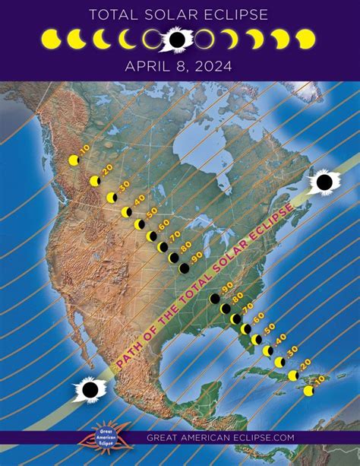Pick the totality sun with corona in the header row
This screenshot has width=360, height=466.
pyautogui.click(x=178, y=39)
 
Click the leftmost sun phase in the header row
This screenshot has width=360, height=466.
pyautogui.click(x=50, y=38)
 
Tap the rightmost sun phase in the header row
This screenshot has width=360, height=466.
pyautogui.click(x=305, y=38)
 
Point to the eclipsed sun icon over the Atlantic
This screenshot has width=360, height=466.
pyautogui.click(x=324, y=182)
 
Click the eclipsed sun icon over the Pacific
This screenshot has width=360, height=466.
pyautogui.click(x=90, y=390)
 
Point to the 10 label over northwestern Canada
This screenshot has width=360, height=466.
pyautogui.click(x=84, y=148)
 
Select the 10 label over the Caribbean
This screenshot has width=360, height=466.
pyautogui.click(x=319, y=379)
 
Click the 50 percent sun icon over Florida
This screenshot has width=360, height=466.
pyautogui.click(x=257, y=339)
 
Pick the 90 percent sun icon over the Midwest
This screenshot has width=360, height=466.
pyautogui.click(x=184, y=267)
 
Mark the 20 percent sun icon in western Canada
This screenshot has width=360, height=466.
pyautogui.click(x=95, y=181)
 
